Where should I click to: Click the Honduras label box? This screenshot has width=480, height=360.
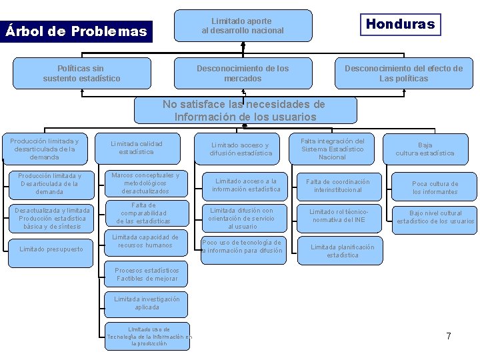coord(400,25)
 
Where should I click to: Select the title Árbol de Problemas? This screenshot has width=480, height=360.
coord(76,31)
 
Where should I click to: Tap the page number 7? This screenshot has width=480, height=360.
coord(449,336)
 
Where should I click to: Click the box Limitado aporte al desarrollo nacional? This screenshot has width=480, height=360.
coord(243,26)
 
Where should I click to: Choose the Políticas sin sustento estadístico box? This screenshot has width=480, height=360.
coord(82,73)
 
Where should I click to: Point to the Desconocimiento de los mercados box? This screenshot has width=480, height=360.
coord(243,73)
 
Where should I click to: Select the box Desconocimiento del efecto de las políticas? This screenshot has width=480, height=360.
coord(403,73)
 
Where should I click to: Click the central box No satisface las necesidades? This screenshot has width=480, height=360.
coord(245,111)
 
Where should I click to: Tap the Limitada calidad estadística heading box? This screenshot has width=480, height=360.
coord(137,148)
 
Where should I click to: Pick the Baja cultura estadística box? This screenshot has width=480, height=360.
coord(425,149)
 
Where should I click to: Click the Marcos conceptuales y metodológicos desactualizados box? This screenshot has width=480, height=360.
coord(145,183)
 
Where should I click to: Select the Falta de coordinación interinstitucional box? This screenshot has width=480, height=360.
coord(337,186)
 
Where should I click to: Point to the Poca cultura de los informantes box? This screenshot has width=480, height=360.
coord(435,188)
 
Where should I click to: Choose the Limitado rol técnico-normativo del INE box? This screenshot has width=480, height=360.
coord(337,215)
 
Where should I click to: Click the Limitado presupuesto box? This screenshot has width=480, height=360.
coord(51,249)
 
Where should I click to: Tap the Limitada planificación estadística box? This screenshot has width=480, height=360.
coord(343,251)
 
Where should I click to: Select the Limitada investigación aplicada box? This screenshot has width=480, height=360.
coord(147,303)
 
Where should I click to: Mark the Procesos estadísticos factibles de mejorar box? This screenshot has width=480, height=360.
coord(147,274)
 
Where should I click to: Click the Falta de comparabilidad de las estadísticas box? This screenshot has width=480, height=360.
coord(143,213)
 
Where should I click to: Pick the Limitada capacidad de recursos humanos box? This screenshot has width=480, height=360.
coord(145,241)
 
